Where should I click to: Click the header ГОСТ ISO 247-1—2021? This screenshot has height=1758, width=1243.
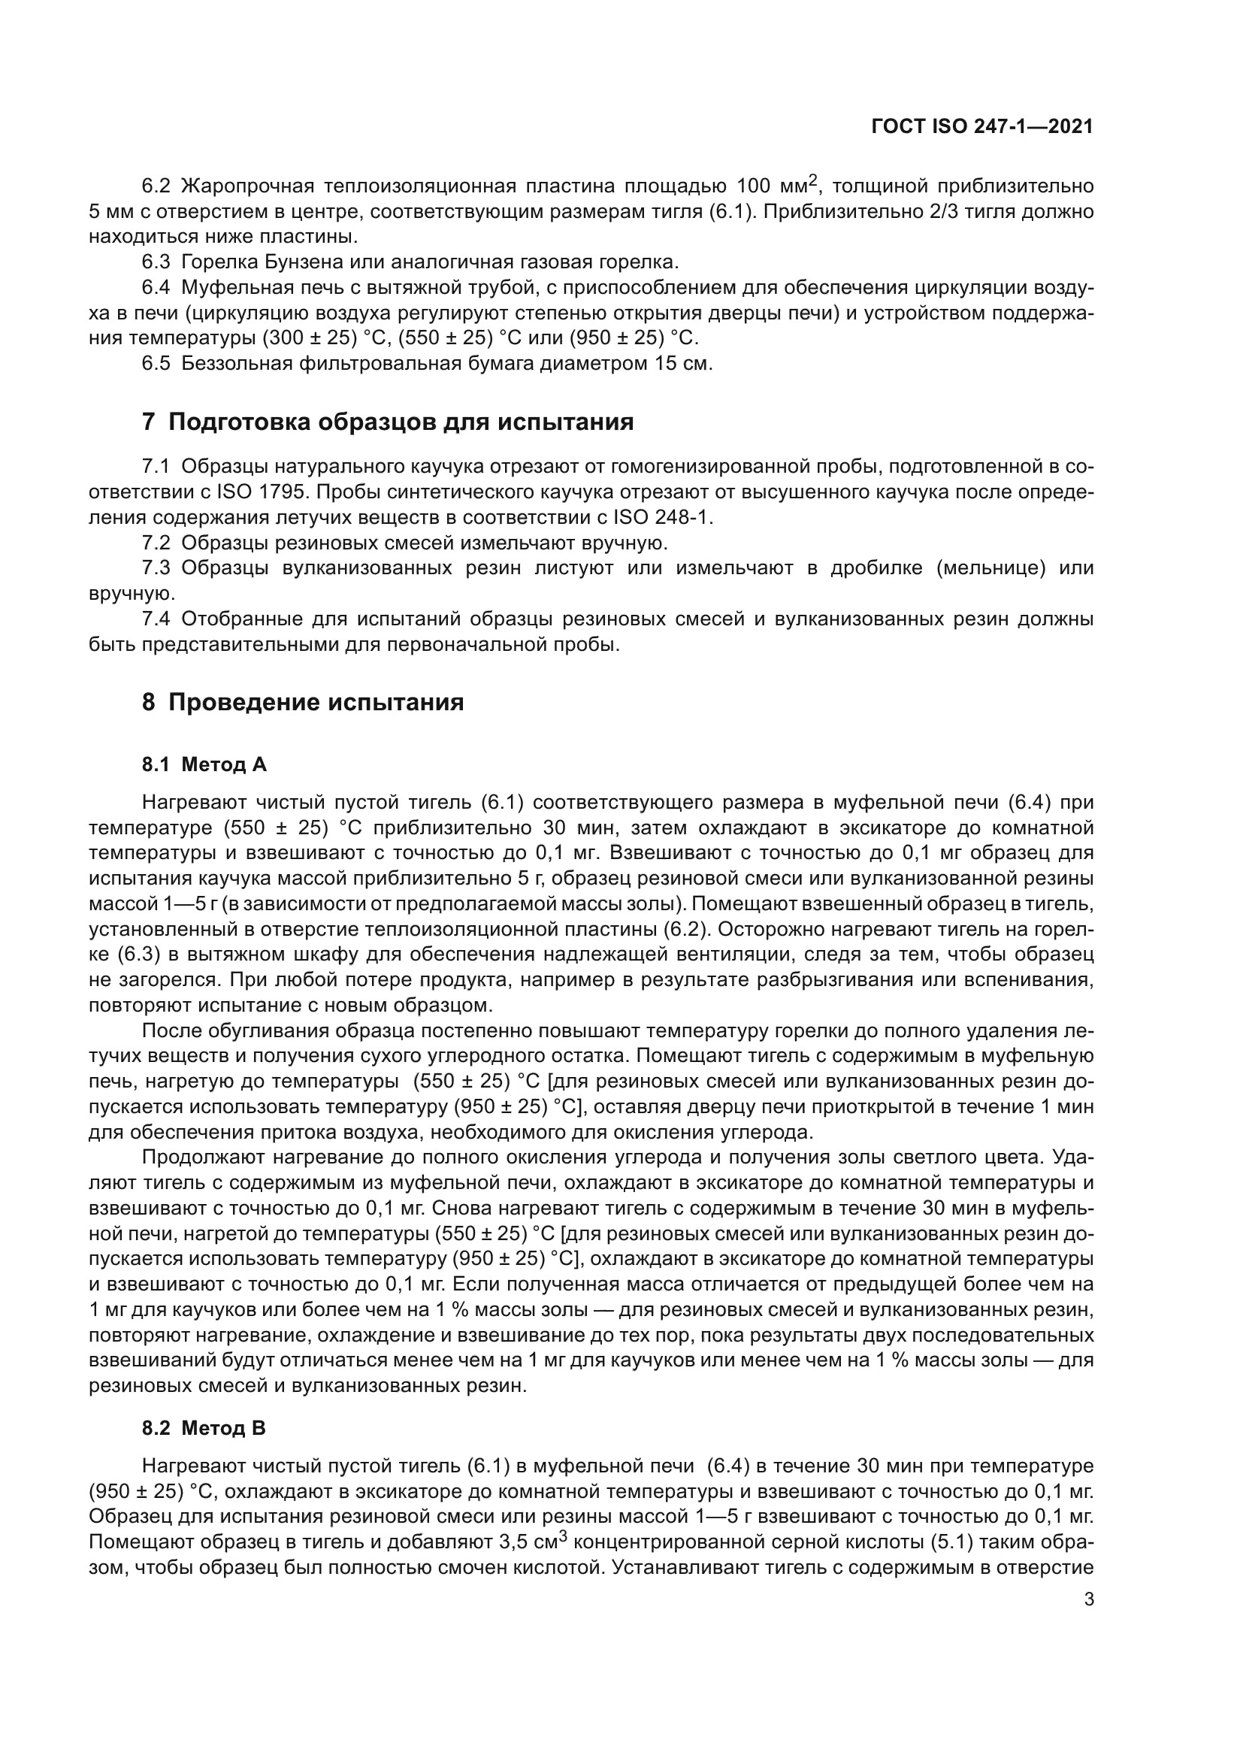[x=982, y=127]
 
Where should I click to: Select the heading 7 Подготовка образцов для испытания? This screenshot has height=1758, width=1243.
[x=387, y=422]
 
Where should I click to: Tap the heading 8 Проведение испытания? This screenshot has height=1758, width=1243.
[x=302, y=702]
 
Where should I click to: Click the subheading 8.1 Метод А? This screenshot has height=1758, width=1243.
[x=204, y=764]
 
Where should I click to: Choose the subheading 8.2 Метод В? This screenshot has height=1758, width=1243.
[x=204, y=1428]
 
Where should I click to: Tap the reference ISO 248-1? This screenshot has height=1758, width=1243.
[x=662, y=517]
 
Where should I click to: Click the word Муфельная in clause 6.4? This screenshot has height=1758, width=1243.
[x=239, y=287]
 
